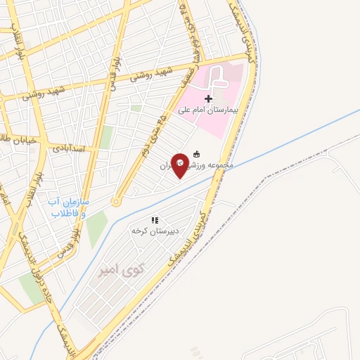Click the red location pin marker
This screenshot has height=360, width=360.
click(181, 165)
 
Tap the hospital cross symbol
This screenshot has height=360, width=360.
click(208, 98)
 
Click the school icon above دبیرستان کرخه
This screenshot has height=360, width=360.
click(155, 220)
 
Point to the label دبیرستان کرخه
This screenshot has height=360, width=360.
click(155, 231)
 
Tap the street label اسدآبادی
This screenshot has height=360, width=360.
click(68, 148)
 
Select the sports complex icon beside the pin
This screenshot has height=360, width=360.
click(196, 154)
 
